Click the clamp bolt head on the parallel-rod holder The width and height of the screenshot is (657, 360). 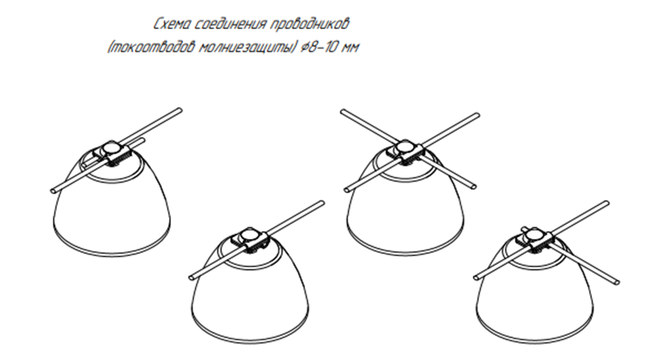[x=112, y=148]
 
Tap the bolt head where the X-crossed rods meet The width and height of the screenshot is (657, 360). [x=404, y=146]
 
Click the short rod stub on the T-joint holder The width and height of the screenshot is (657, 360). [x=526, y=229]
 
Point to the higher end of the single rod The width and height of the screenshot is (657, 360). [x=321, y=203]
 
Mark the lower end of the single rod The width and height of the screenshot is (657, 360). [x=192, y=277]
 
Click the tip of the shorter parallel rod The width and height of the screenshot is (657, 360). [x=142, y=139]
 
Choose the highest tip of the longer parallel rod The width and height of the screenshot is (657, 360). [x=179, y=110]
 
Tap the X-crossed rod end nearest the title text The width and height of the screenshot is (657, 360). [x=343, y=112]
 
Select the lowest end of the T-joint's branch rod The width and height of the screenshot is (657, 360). [x=616, y=282]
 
